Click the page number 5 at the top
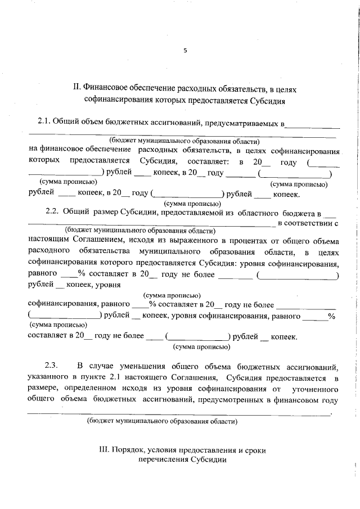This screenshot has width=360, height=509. click(x=184, y=51)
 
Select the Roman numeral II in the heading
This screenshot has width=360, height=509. click(x=78, y=89)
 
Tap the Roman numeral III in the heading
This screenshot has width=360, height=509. click(x=103, y=450)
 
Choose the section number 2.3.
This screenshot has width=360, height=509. click(x=52, y=366)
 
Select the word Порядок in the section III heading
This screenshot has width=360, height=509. click(x=129, y=450)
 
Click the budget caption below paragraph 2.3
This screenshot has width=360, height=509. click(x=162, y=421)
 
